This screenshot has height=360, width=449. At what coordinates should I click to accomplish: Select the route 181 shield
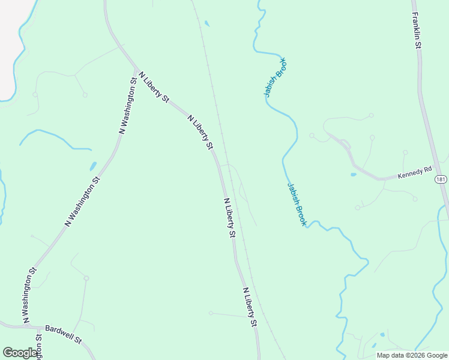click(441, 179)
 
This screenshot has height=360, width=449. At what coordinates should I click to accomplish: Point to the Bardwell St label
click(63, 334)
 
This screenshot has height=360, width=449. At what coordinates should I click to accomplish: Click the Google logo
click(20, 353)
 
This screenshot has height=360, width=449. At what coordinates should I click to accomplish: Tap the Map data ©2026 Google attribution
click(412, 355)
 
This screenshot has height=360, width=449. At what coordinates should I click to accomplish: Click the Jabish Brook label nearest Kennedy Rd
click(297, 204)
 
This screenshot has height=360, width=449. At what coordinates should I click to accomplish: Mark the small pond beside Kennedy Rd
click(353, 175)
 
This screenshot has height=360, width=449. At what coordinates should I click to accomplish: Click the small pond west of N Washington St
click(93, 166)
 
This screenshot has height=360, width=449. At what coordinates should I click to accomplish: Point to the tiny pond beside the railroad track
click(207, 24)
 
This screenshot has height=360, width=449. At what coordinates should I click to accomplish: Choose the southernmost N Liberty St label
click(250, 307)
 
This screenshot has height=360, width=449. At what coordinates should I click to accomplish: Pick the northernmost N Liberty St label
click(154, 88)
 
